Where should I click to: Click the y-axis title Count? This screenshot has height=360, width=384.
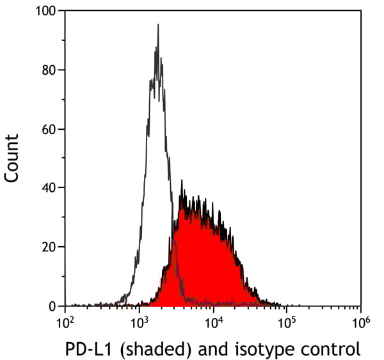12,158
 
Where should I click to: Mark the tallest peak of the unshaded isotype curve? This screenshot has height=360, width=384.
157,26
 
